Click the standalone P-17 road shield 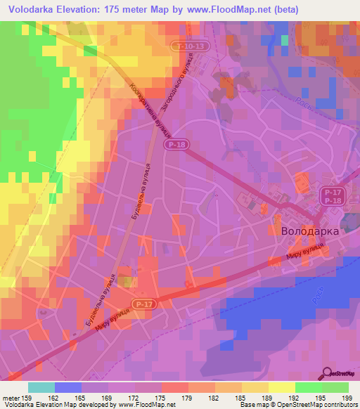143,304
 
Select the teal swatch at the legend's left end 41,387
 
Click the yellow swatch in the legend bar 282,387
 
